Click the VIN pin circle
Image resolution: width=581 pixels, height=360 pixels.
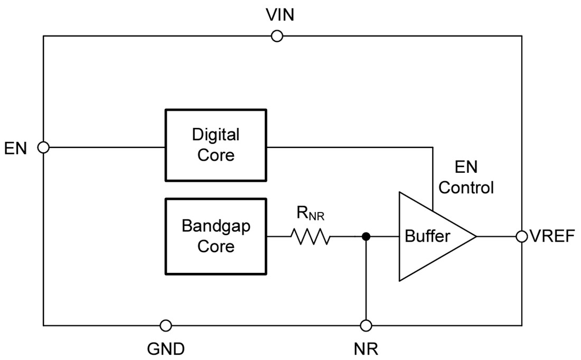[276, 36]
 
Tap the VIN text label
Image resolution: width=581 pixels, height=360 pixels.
[280, 15]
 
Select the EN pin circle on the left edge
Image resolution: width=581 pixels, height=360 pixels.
[44, 147]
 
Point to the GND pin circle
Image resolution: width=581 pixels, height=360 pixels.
[166, 325]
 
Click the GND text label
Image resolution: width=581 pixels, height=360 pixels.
[166, 349]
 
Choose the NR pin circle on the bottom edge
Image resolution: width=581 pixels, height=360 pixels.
[366, 325]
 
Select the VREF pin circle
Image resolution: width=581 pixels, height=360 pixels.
[522, 236]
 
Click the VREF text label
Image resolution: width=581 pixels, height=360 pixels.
[552, 236]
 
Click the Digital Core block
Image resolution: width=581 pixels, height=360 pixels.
[215, 145]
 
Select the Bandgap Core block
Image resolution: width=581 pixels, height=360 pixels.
[215, 236]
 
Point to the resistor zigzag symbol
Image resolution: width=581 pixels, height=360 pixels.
[310, 237]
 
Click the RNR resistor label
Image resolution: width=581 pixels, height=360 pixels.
[310, 215]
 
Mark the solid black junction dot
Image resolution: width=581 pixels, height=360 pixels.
[366, 236]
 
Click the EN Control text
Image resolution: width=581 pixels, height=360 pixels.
[466, 178]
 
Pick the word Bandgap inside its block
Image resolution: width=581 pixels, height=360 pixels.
[215, 226]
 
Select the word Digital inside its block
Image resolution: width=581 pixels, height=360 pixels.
[215, 135]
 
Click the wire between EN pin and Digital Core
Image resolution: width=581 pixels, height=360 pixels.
[106, 147]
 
